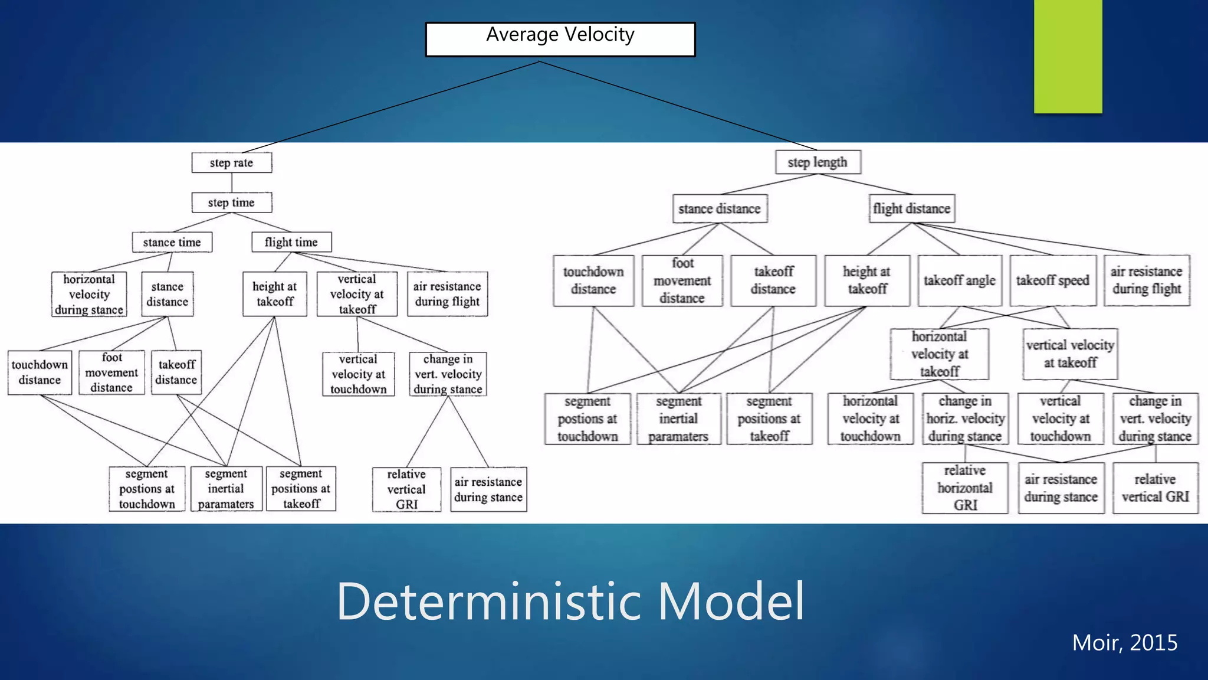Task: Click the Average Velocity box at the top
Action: tap(560, 39)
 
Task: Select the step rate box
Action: tap(231, 163)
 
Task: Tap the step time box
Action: tap(231, 202)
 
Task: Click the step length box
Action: tap(818, 162)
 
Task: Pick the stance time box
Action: tap(172, 242)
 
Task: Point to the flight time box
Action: tap(291, 242)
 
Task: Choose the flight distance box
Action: tap(911, 209)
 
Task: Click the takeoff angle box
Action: tap(960, 280)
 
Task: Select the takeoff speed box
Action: tap(1053, 280)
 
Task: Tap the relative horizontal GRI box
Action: tap(965, 488)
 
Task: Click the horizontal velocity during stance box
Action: tap(89, 294)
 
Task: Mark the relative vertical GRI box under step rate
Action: tap(406, 489)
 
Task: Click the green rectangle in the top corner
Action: tap(1068, 56)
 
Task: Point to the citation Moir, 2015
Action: tap(1124, 642)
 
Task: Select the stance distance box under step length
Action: tap(720, 209)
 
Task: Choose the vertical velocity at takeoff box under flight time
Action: tap(357, 294)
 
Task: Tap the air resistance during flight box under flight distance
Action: tap(1147, 280)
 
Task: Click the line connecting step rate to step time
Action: tap(232, 182)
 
